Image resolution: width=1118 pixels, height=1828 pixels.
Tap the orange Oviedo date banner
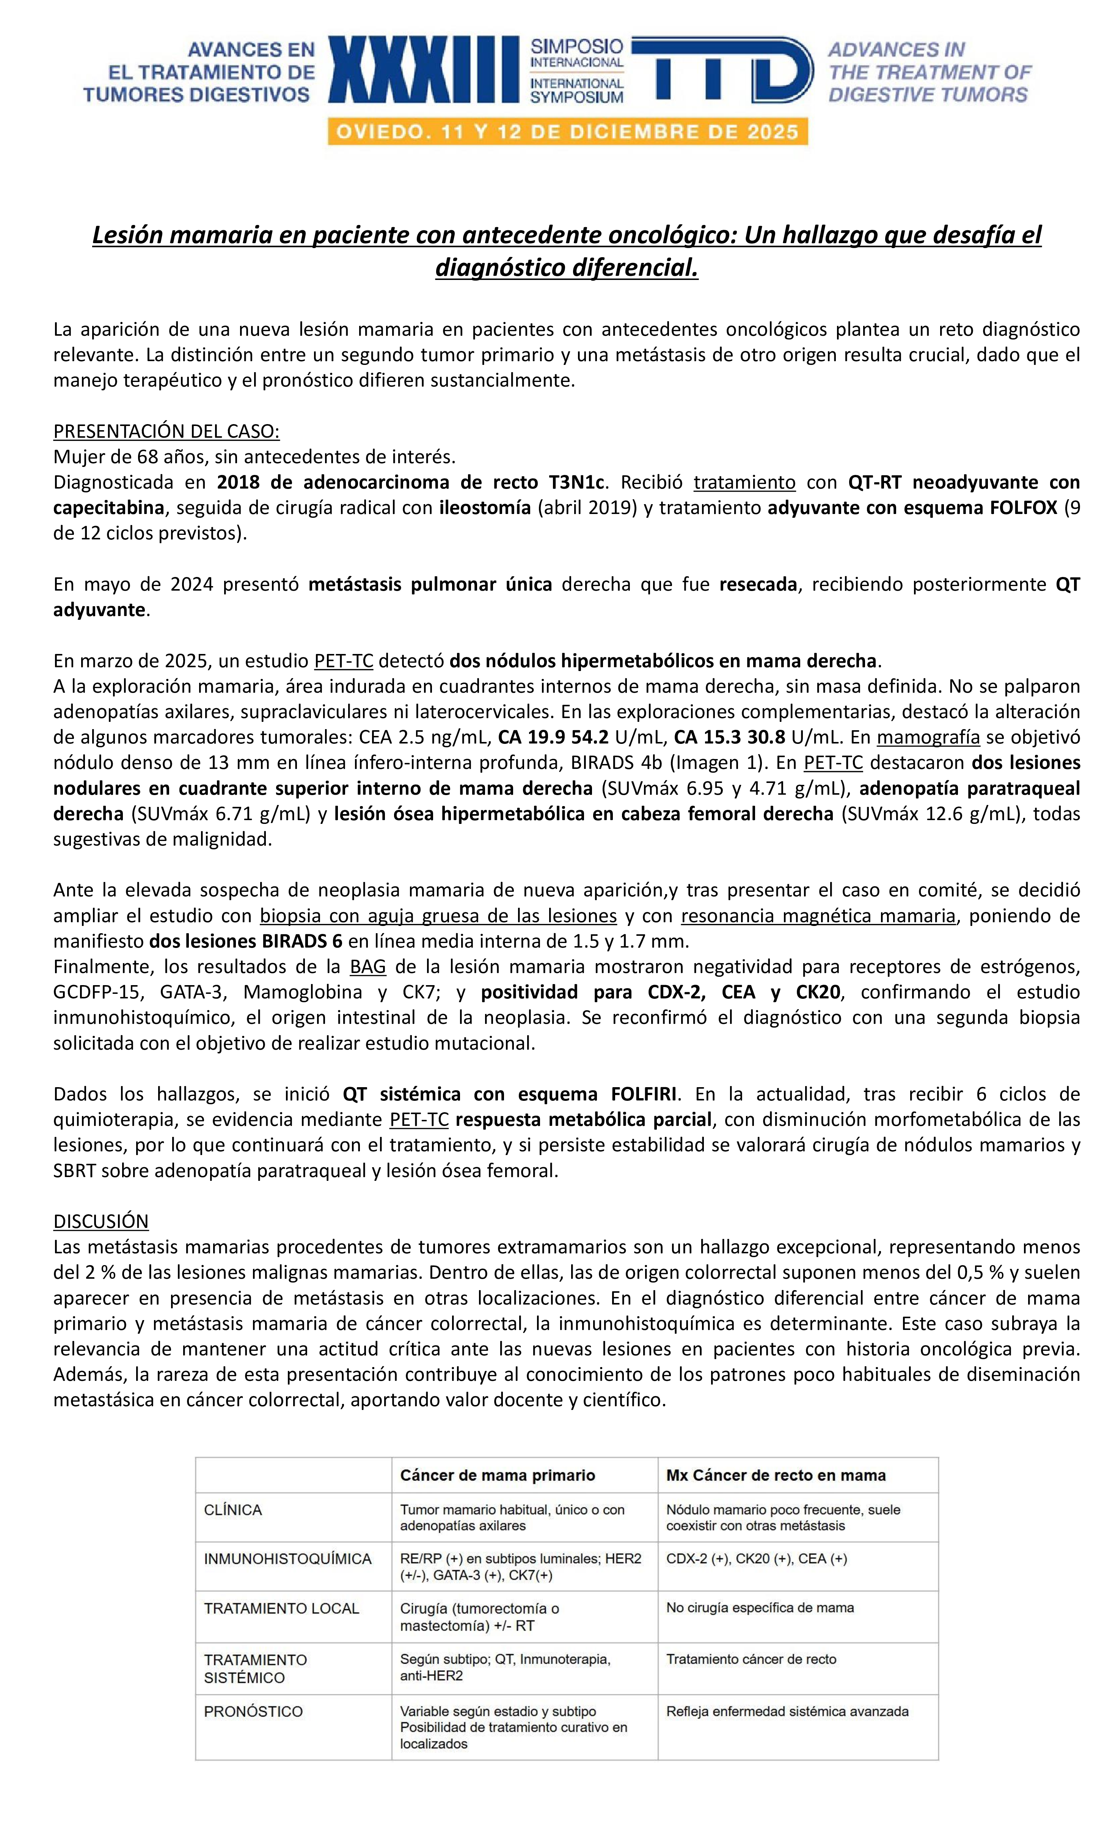click(x=567, y=132)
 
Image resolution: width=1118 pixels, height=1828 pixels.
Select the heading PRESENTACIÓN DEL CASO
click(x=166, y=431)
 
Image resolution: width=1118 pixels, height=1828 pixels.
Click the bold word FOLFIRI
click(x=643, y=1094)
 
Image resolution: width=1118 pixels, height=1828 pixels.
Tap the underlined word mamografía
click(x=928, y=737)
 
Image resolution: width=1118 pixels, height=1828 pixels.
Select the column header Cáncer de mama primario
click(x=497, y=1475)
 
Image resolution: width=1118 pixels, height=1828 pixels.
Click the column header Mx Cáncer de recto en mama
click(x=775, y=1475)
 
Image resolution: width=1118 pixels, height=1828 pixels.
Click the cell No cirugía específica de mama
click(x=760, y=1608)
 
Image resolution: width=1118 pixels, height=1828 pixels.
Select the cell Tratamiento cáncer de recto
click(x=751, y=1659)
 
